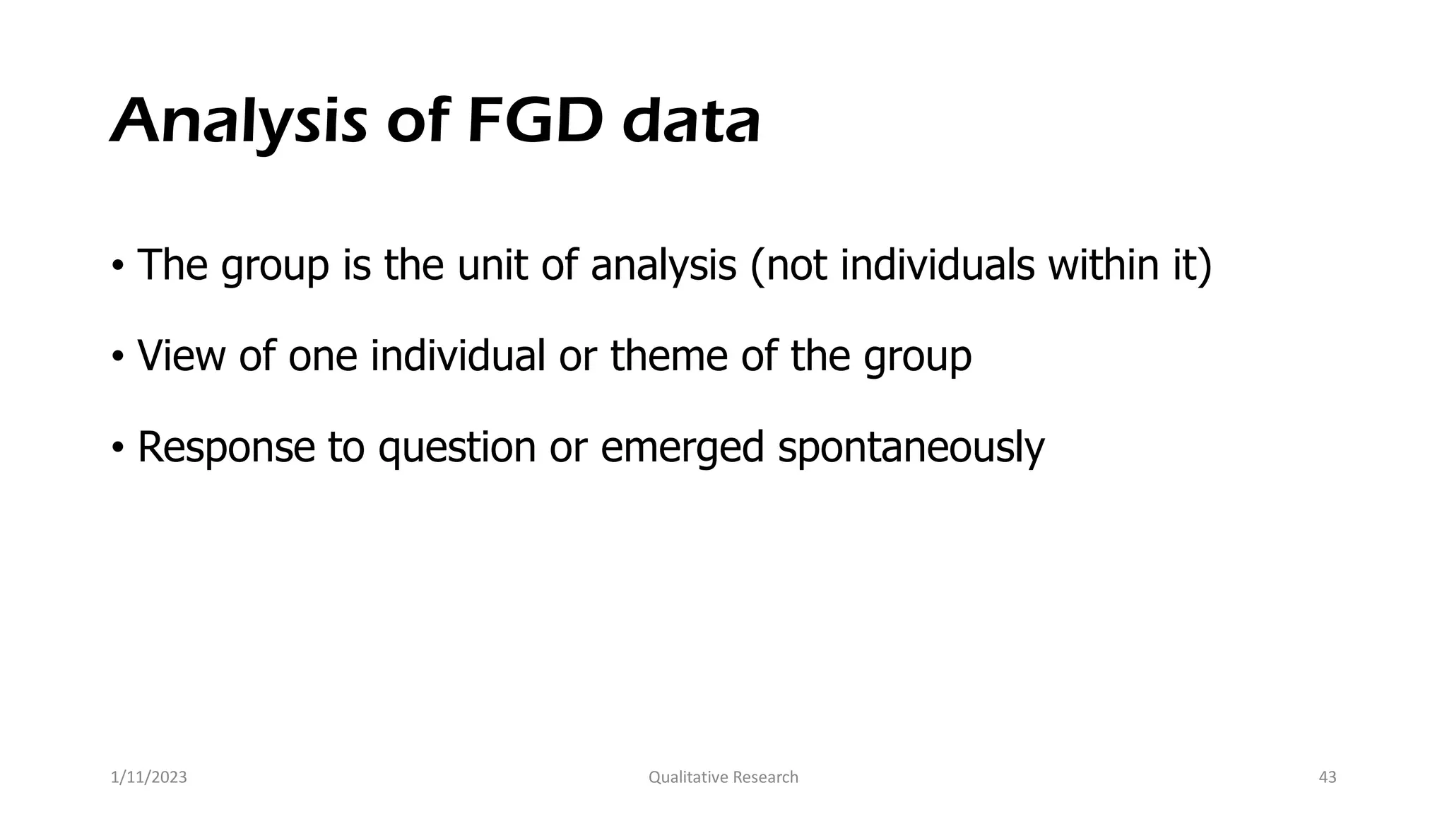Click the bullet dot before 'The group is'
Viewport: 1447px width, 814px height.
117,266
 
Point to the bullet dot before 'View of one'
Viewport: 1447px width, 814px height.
117,357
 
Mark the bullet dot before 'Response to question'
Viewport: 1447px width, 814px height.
117,448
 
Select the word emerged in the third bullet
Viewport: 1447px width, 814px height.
683,448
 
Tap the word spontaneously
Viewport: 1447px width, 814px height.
911,448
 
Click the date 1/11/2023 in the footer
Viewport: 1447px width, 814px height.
149,777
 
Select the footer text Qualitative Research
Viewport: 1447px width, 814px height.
723,777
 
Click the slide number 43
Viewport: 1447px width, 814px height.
1328,777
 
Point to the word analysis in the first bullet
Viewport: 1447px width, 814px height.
663,266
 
